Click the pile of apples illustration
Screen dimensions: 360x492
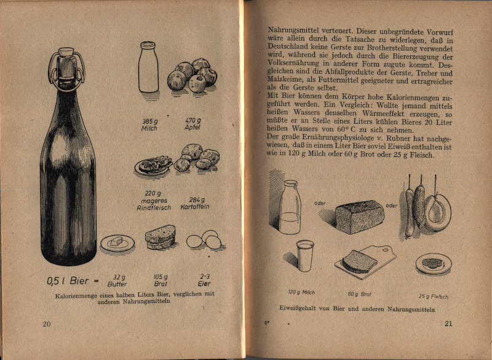[x=192, y=76]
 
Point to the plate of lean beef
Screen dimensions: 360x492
[x=153, y=166]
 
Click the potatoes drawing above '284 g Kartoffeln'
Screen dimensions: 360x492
[x=196, y=158]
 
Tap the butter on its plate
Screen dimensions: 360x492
[x=117, y=242]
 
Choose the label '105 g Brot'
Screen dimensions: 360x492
[x=161, y=281]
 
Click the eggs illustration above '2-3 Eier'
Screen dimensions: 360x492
[x=205, y=240]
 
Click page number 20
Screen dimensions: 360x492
[x=47, y=324]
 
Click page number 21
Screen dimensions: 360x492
[x=448, y=324]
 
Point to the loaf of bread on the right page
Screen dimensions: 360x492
[x=360, y=217]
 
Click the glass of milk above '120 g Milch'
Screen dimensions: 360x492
[x=305, y=255]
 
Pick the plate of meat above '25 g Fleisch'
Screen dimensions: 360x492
[x=434, y=264]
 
